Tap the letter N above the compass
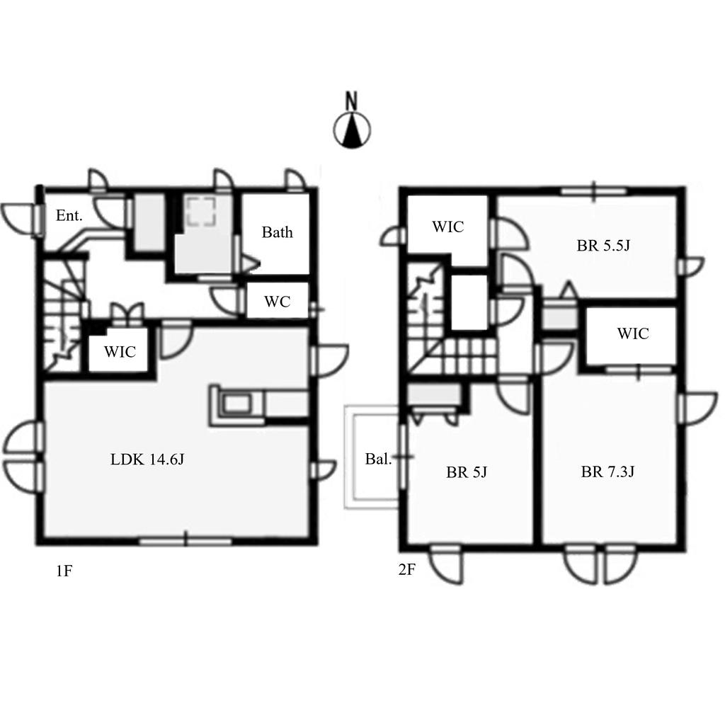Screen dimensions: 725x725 tap(352, 101)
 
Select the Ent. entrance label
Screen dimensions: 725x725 tap(69, 215)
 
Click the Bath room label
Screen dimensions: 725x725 tap(277, 232)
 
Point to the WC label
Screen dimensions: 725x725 tap(278, 302)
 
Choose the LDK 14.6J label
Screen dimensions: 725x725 tap(147, 459)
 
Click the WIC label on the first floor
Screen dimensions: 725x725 tap(120, 352)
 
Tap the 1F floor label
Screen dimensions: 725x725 tap(64, 571)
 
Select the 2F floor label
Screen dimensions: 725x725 tap(406, 570)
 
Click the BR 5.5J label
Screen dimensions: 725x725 tap(603, 246)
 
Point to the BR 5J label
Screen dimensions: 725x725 tap(467, 472)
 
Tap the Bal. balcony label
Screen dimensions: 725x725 tap(378, 459)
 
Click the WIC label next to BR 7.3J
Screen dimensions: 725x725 tap(633, 333)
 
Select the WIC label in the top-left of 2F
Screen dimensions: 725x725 tap(448, 227)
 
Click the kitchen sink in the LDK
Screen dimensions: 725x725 tap(236, 404)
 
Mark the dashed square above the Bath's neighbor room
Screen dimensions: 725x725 tap(202, 212)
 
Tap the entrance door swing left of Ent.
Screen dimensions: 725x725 tap(18, 220)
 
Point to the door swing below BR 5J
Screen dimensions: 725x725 tap(445, 564)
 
